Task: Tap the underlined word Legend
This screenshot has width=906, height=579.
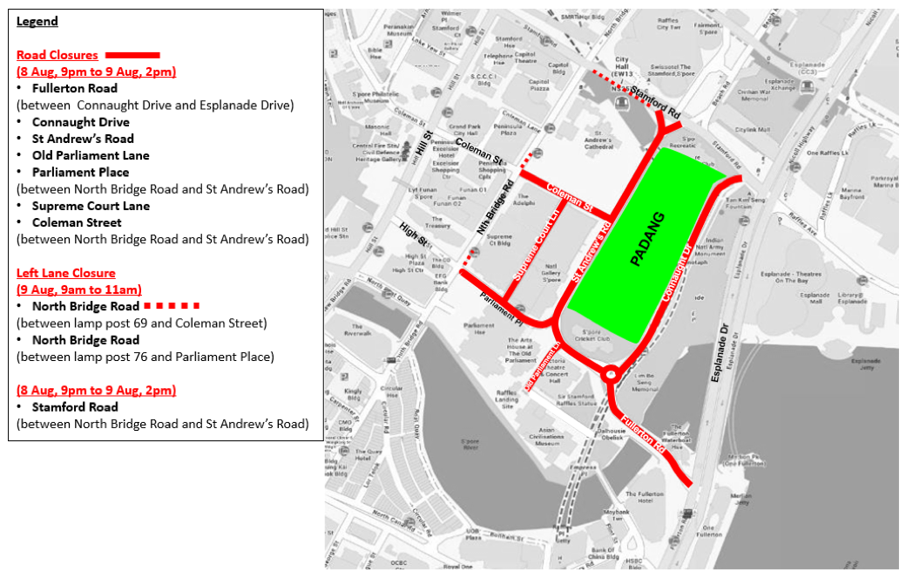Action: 37,21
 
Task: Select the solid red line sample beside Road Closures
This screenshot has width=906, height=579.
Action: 132,55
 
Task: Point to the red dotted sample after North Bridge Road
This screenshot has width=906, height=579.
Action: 172,306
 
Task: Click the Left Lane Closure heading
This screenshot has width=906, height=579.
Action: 65,273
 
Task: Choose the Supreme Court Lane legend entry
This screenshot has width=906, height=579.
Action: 91,206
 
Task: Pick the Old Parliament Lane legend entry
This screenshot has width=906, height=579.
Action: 91,155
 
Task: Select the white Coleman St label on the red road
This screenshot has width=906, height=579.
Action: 569,199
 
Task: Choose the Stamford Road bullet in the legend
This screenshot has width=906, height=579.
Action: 75,406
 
